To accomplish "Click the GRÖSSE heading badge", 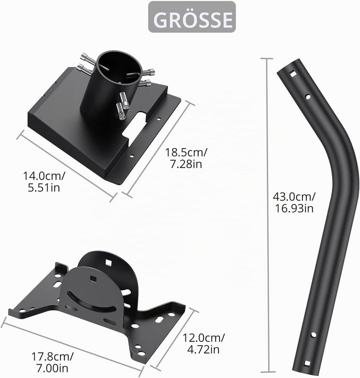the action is [x=192, y=17].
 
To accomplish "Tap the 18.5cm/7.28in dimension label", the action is [x=186, y=158].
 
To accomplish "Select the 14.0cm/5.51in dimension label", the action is [x=44, y=181].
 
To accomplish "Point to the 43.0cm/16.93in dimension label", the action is [x=293, y=202].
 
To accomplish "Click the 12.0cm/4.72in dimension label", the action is [x=203, y=343].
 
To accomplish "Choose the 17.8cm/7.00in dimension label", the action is [x=52, y=362].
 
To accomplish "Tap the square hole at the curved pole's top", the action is [x=293, y=74].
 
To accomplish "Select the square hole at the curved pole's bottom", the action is [x=307, y=363].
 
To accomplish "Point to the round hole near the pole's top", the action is [x=308, y=96].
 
